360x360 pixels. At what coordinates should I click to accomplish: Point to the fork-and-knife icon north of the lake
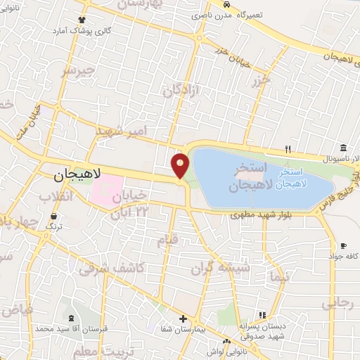288,149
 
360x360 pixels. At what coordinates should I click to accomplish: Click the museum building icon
342,148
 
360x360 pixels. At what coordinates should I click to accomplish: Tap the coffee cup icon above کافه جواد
342,245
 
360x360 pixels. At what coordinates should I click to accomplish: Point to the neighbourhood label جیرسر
77,72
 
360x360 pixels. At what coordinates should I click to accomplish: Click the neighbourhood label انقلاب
56,195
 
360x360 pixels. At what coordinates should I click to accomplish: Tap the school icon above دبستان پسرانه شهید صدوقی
262,315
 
